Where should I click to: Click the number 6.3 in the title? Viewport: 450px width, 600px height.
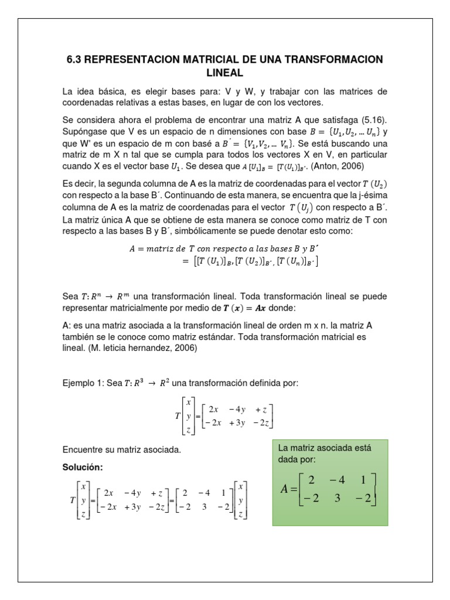pyautogui.click(x=77, y=60)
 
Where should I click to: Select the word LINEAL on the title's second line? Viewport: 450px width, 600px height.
pyautogui.click(x=225, y=73)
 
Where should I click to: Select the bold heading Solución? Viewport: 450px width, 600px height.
pyautogui.click(x=83, y=467)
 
